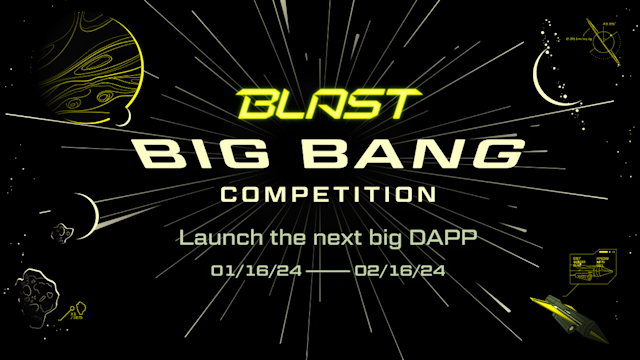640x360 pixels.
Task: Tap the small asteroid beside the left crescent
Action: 62,232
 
